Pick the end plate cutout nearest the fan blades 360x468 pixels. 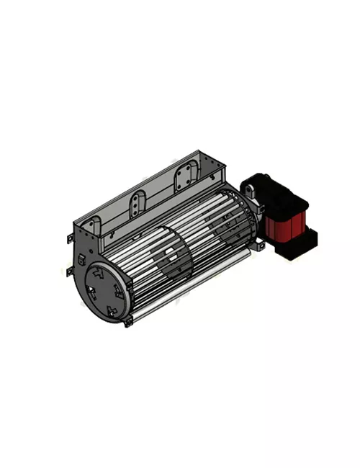tap(119, 289)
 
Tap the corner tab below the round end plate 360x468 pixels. tap(128, 322)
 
